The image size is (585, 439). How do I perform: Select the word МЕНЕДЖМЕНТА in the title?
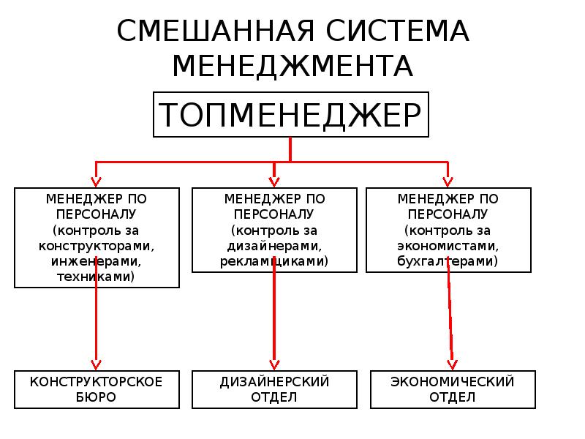click(x=292, y=67)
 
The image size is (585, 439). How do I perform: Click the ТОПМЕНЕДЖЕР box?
click(x=290, y=115)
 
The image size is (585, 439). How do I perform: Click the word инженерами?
click(x=97, y=261)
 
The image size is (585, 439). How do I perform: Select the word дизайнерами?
click(x=274, y=245)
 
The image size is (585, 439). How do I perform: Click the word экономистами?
click(x=448, y=245)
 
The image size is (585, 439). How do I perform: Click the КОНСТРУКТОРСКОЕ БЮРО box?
click(x=97, y=389)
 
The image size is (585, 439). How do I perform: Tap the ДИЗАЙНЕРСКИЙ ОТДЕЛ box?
click(x=274, y=389)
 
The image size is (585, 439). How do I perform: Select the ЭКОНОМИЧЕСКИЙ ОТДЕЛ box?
click(x=453, y=389)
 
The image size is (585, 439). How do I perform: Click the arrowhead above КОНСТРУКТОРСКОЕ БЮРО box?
click(x=95, y=363)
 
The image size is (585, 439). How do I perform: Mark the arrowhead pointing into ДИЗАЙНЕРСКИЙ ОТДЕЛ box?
click(x=274, y=363)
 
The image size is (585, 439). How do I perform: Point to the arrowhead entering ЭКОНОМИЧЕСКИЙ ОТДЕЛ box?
click(x=452, y=363)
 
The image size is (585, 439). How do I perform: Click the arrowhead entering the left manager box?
click(x=95, y=180)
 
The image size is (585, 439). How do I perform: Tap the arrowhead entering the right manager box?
click(x=447, y=180)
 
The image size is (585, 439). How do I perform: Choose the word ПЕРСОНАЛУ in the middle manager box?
click(x=274, y=214)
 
